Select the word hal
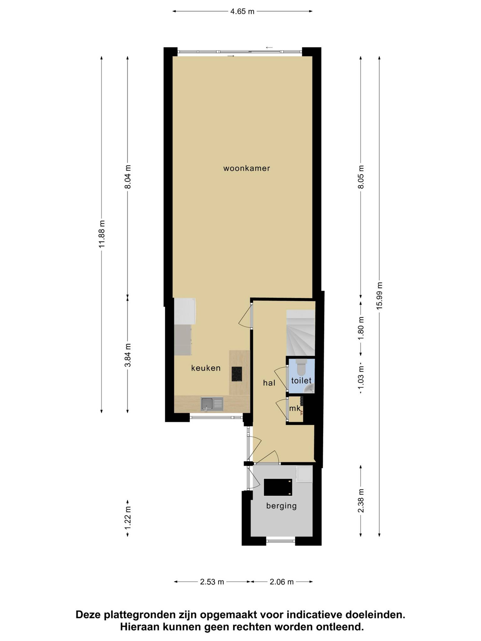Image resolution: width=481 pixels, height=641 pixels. point(269,383)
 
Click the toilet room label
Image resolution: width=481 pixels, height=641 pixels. point(301,380)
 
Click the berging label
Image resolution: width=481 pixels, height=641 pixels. point(281,506)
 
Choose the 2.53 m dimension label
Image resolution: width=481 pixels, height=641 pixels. point(212,582)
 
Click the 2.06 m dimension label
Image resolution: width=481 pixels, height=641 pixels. point(282,582)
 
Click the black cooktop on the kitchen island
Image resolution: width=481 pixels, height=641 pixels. point(237,374)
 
